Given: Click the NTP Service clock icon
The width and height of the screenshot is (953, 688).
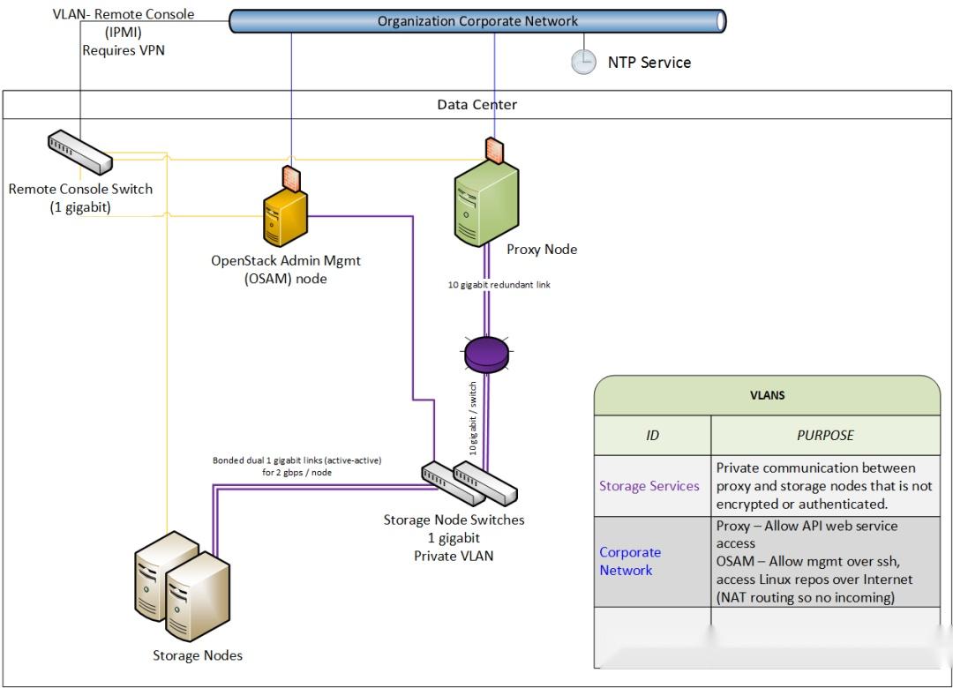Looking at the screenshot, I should click(583, 61).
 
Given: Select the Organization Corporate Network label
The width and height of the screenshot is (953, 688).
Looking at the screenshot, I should click(477, 21).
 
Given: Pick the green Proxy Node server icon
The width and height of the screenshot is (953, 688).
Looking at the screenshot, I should click(485, 204).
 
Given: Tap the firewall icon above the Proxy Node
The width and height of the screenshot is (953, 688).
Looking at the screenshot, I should click(493, 150).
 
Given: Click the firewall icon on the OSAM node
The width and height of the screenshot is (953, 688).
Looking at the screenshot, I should click(290, 178).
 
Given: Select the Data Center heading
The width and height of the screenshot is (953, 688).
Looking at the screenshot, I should click(476, 104).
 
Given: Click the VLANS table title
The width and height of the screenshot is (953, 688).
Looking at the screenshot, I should click(767, 395).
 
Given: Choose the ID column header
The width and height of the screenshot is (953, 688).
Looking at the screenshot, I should click(652, 435).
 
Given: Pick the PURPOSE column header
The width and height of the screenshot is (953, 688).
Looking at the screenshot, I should click(825, 435).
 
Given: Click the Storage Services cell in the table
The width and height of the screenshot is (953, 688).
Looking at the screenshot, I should click(649, 486).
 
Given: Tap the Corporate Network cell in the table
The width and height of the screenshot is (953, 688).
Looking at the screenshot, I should click(630, 561).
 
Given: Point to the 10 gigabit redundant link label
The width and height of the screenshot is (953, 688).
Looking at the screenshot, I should click(499, 285).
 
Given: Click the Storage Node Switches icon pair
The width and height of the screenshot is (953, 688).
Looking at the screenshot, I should click(456, 482).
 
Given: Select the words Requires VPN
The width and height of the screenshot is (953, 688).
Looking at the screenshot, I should click(124, 50).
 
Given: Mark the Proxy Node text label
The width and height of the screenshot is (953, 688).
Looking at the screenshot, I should click(541, 250).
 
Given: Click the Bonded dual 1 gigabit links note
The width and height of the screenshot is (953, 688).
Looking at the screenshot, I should click(296, 467).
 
